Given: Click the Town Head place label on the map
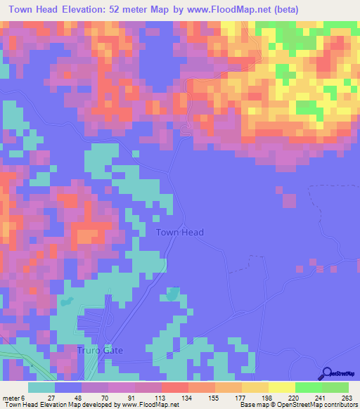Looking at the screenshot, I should pos(179,233).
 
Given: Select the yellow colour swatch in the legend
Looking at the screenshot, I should pos(281,387).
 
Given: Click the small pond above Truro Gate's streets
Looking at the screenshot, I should pos(66,303).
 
